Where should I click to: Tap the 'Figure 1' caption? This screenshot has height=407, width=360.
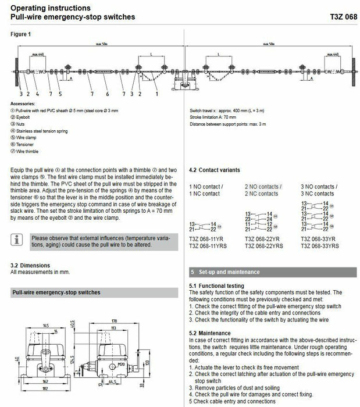tap(21, 34)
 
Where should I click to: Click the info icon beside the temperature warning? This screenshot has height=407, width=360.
tap(19, 238)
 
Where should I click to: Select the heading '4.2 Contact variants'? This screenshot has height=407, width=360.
tap(215, 170)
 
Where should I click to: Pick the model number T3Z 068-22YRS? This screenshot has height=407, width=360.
tap(265, 246)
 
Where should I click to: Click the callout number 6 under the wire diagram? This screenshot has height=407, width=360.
tap(107, 93)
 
